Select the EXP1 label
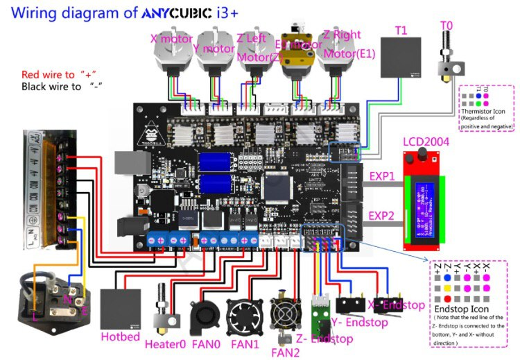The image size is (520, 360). (x=381, y=176)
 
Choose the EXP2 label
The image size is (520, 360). (x=381, y=216)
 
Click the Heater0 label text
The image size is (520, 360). (x=165, y=343)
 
